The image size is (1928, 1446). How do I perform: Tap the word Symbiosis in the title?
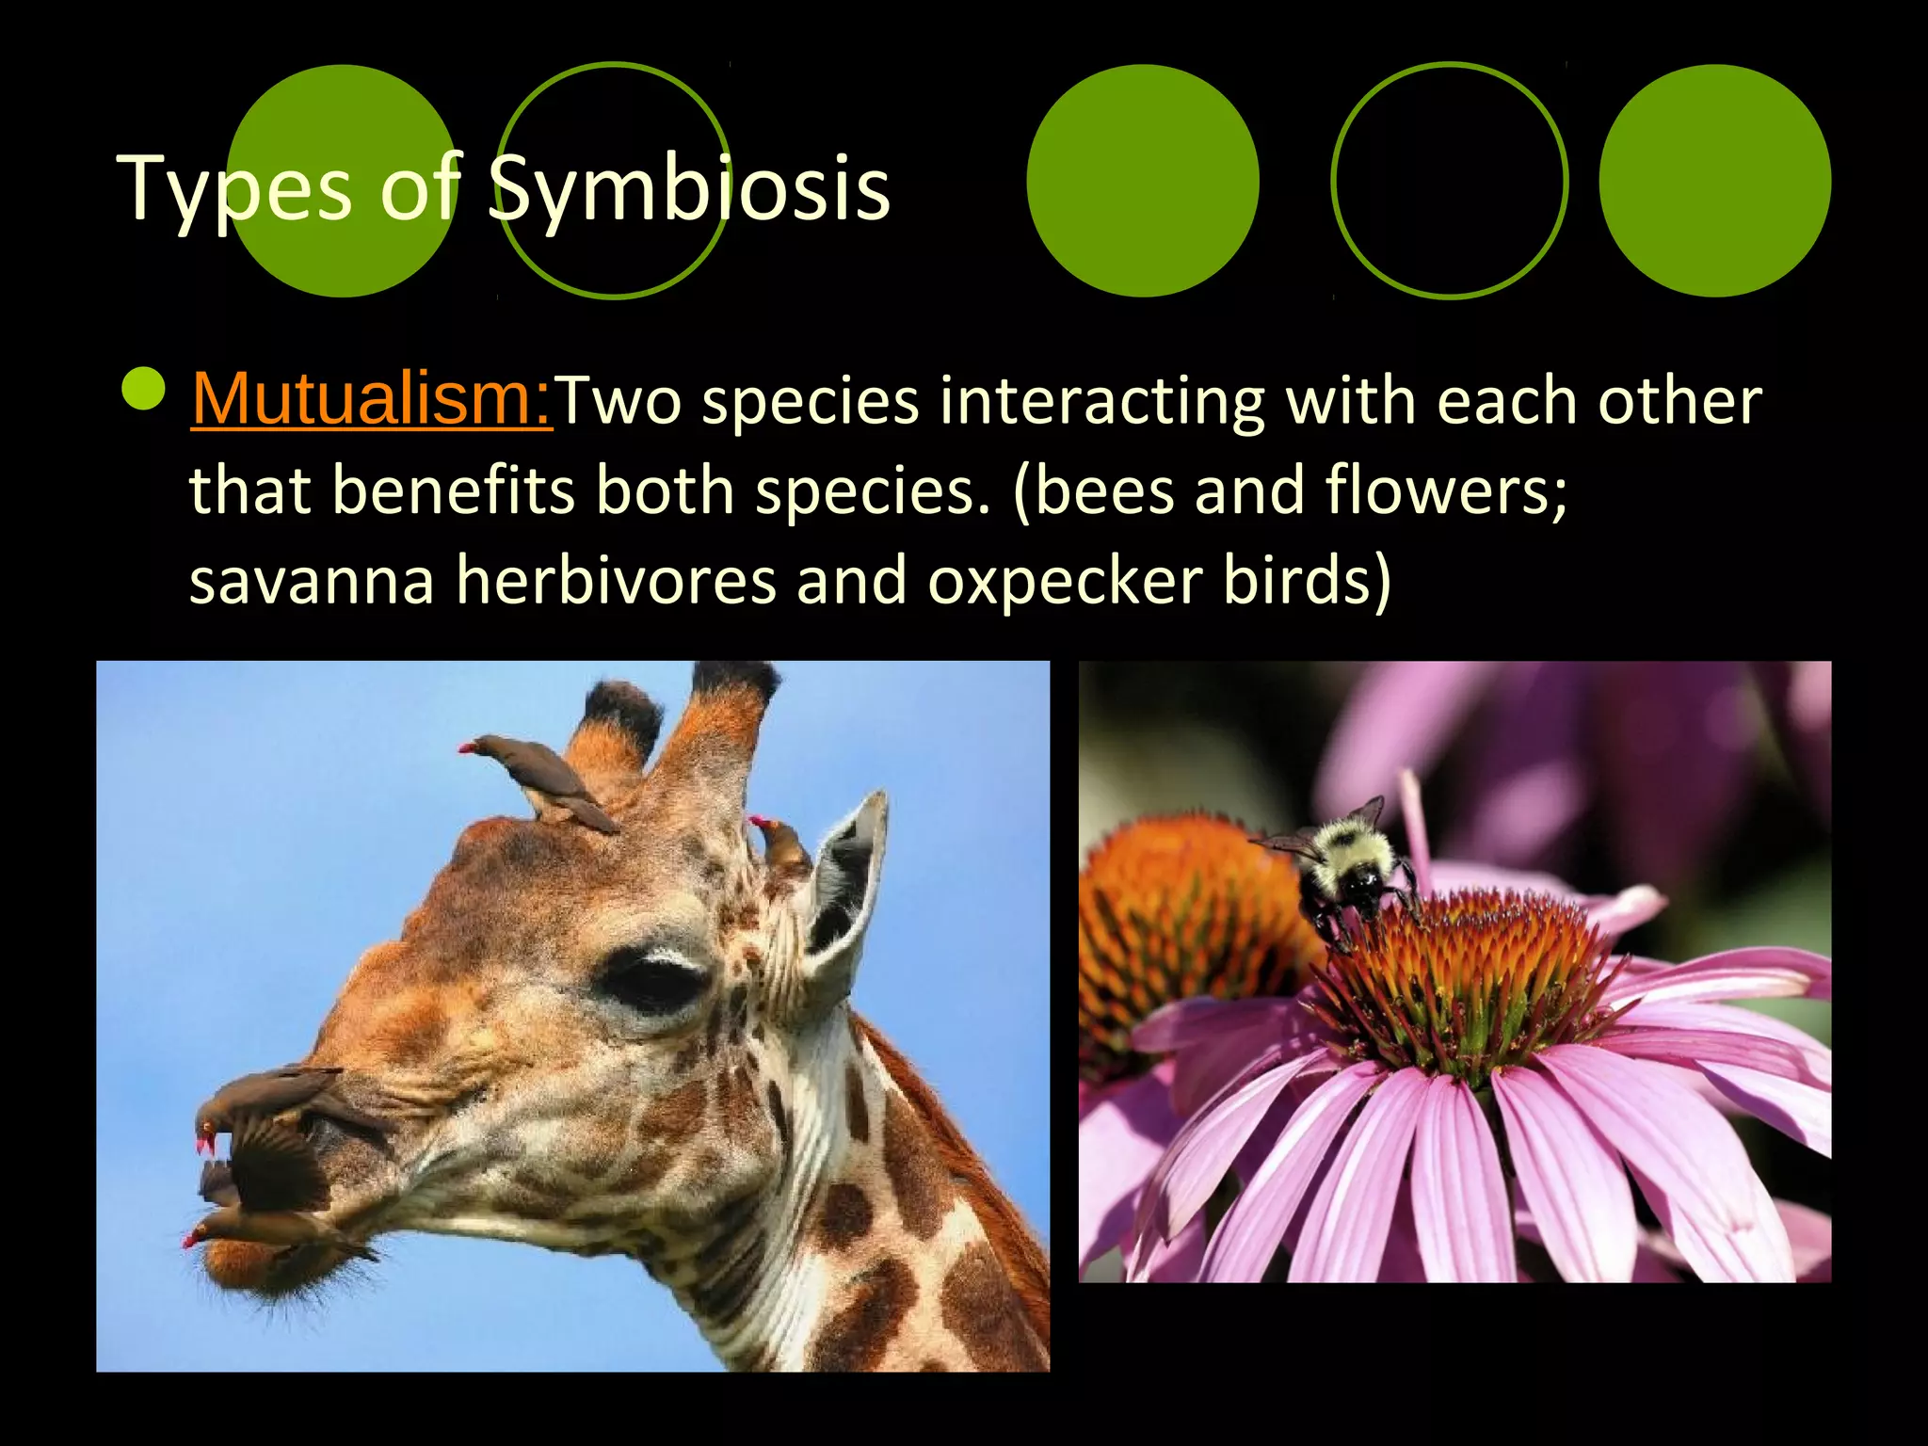click(x=689, y=190)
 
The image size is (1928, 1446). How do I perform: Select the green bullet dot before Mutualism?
click(x=144, y=389)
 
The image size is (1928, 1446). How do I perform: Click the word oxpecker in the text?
click(x=1065, y=580)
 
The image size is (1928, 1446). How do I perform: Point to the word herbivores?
click(x=616, y=580)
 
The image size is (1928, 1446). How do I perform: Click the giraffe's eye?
click(x=652, y=979)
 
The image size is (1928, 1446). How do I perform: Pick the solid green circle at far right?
click(x=1714, y=181)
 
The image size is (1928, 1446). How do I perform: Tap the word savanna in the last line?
click(x=312, y=580)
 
